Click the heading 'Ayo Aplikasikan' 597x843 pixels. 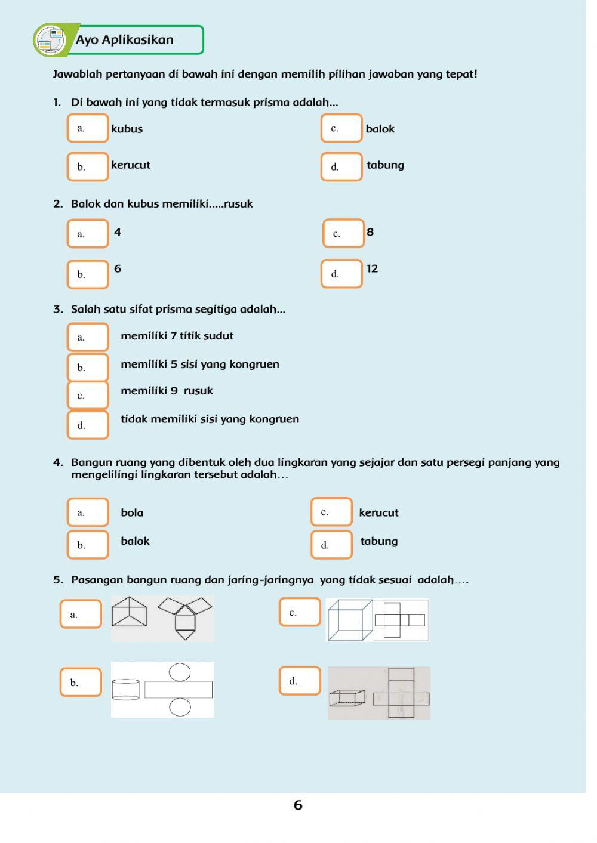(x=124, y=40)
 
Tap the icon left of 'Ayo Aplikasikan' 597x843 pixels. (x=50, y=41)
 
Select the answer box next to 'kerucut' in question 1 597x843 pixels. (x=88, y=166)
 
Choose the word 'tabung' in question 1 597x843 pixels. (x=385, y=165)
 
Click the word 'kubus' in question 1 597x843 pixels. (x=127, y=129)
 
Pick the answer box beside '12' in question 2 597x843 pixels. (x=341, y=274)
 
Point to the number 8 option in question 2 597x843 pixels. (x=370, y=232)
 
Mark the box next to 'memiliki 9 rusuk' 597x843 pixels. (x=88, y=395)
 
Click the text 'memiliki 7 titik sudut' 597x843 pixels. (x=177, y=336)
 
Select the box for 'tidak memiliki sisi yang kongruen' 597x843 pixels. (x=88, y=425)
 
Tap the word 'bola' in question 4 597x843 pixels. (x=132, y=512)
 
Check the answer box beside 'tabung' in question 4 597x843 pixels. (x=331, y=544)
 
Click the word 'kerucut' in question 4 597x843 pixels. (x=378, y=512)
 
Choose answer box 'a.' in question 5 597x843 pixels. (x=81, y=614)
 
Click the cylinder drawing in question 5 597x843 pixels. (x=125, y=690)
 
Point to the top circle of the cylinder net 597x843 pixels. (x=180, y=671)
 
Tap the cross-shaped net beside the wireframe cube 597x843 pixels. (x=400, y=620)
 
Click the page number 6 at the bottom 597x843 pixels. (x=298, y=805)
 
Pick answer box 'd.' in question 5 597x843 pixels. (x=300, y=681)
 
